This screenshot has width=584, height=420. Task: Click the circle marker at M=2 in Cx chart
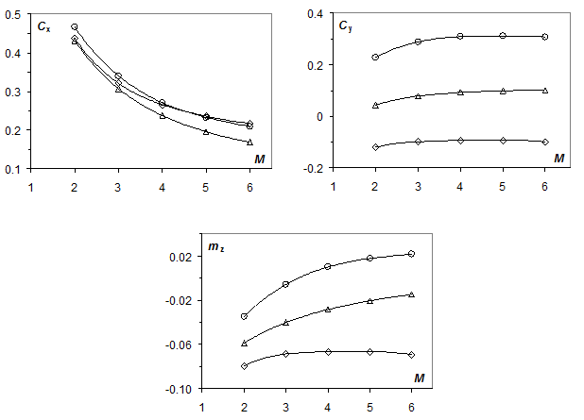coord(75,27)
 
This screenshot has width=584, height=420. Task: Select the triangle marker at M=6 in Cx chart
coord(249,142)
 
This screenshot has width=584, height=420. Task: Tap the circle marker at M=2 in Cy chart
coord(375,57)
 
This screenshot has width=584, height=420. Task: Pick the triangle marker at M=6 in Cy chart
coord(545,91)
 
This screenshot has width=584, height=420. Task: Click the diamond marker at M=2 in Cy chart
coord(375,147)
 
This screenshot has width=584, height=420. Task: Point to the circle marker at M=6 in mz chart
coord(412,254)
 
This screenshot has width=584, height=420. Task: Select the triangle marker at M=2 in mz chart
coord(244,343)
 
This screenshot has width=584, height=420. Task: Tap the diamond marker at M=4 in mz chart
coord(328,351)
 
